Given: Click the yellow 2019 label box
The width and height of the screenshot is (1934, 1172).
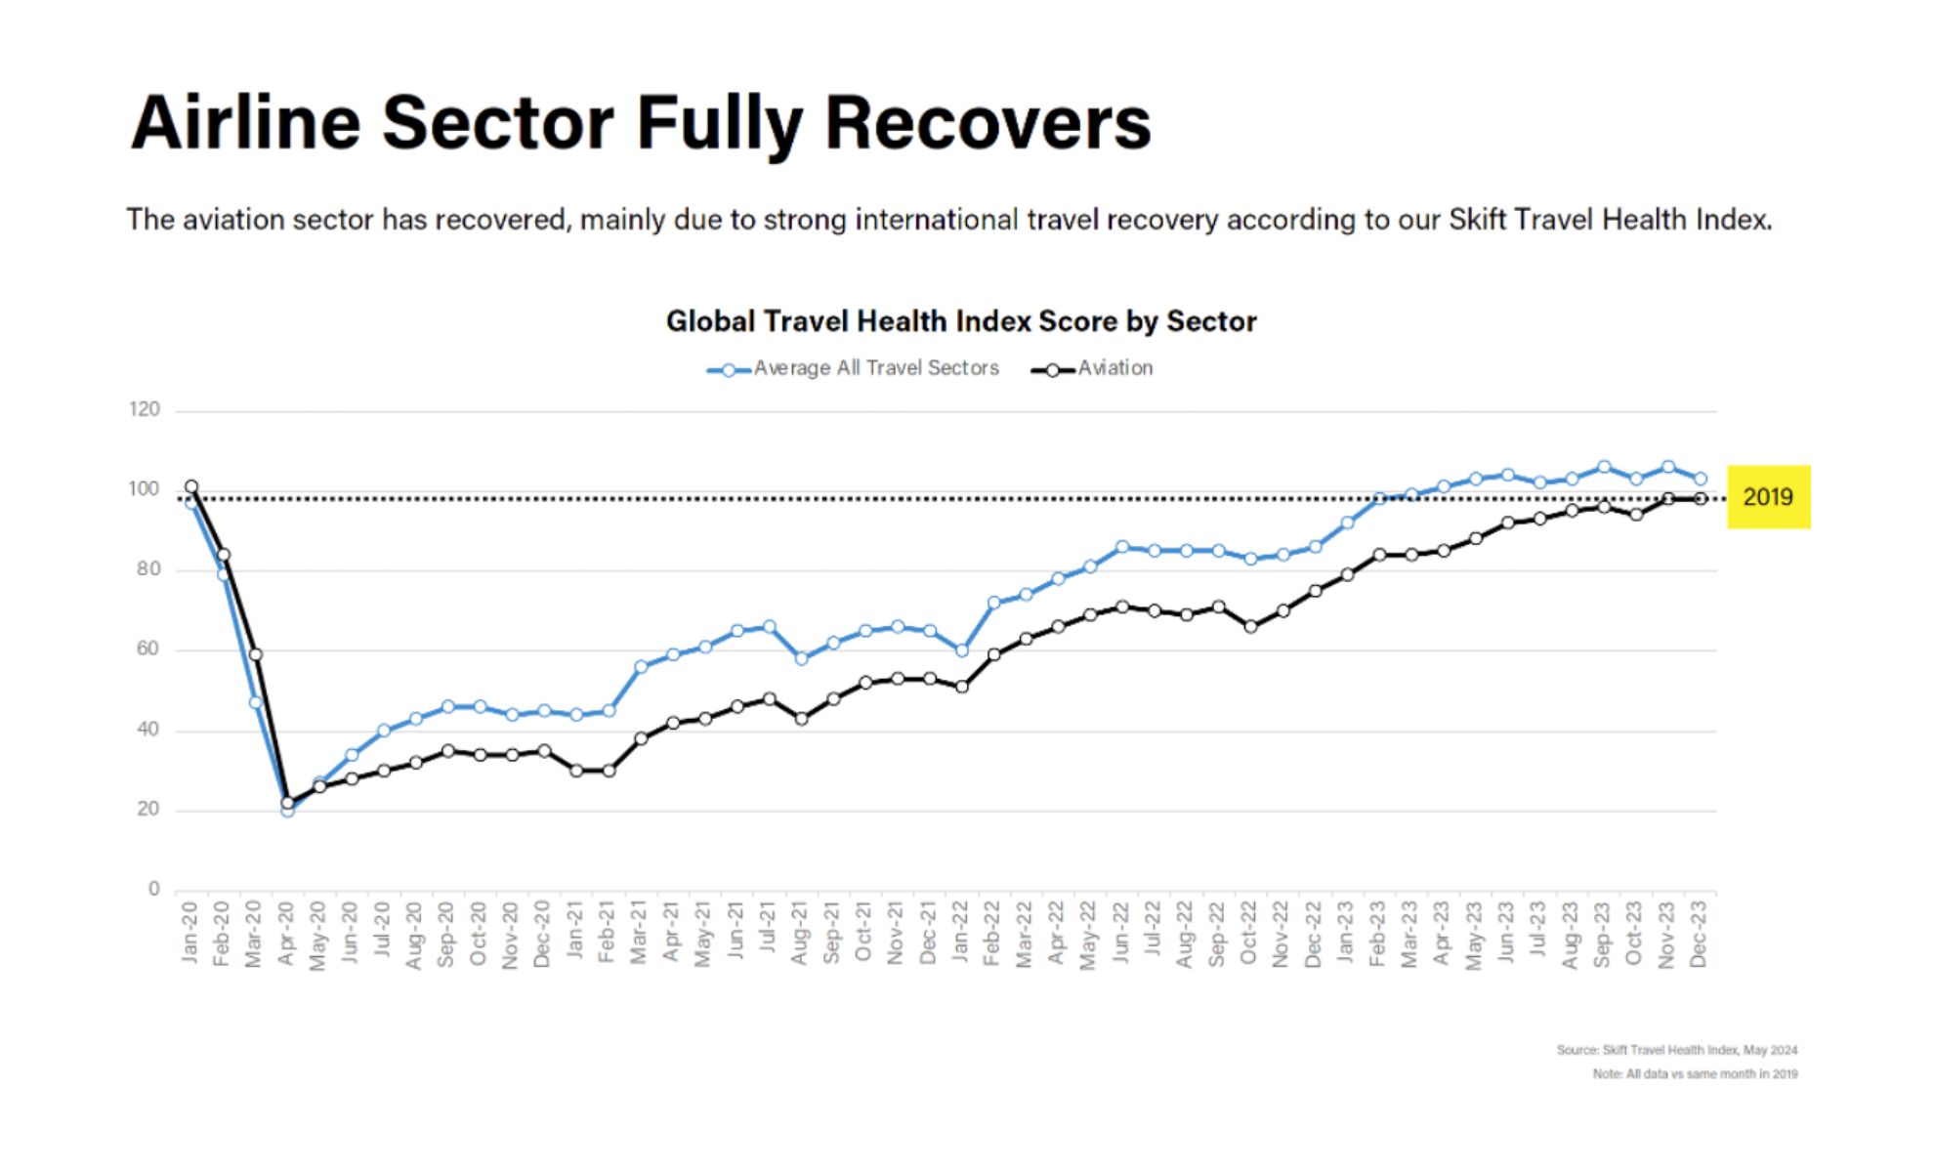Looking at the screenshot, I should pyautogui.click(x=1768, y=497).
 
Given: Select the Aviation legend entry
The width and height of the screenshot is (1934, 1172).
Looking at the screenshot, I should pyautogui.click(x=1093, y=369).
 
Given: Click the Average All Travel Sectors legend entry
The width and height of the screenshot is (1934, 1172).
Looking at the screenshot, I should pyautogui.click(x=854, y=369).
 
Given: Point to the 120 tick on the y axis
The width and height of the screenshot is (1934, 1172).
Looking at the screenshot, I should pyautogui.click(x=145, y=409).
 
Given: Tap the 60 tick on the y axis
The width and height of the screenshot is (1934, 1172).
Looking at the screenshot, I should pyautogui.click(x=147, y=649).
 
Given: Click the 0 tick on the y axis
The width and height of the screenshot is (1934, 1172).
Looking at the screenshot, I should pyautogui.click(x=153, y=889).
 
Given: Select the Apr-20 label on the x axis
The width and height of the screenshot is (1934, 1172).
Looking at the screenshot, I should pyautogui.click(x=286, y=934).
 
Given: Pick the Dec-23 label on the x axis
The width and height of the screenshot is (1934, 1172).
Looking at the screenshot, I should pyautogui.click(x=1699, y=934).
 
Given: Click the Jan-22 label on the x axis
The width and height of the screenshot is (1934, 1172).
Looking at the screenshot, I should pyautogui.click(x=961, y=934).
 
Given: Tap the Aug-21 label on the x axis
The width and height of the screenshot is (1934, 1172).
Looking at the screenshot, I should pyautogui.click(x=800, y=934).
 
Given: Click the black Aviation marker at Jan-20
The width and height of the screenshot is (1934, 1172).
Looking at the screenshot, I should pyautogui.click(x=191, y=486).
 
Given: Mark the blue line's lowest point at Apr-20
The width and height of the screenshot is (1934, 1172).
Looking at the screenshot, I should pyautogui.click(x=287, y=811).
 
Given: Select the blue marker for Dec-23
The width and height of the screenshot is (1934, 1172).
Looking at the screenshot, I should pyautogui.click(x=1701, y=479).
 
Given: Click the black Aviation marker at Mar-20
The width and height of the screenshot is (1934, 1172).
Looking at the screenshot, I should pyautogui.click(x=256, y=654).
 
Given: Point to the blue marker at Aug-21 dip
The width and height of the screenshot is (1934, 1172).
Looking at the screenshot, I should pyautogui.click(x=802, y=658).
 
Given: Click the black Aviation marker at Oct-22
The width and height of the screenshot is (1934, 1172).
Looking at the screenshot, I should pyautogui.click(x=1251, y=627).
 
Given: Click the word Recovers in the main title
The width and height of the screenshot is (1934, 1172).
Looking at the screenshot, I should pyautogui.click(x=988, y=123).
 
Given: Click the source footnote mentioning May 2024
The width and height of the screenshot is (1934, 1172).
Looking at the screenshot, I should pyautogui.click(x=1676, y=1050).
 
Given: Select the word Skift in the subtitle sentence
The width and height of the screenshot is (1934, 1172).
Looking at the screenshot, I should pyautogui.click(x=1476, y=220).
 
